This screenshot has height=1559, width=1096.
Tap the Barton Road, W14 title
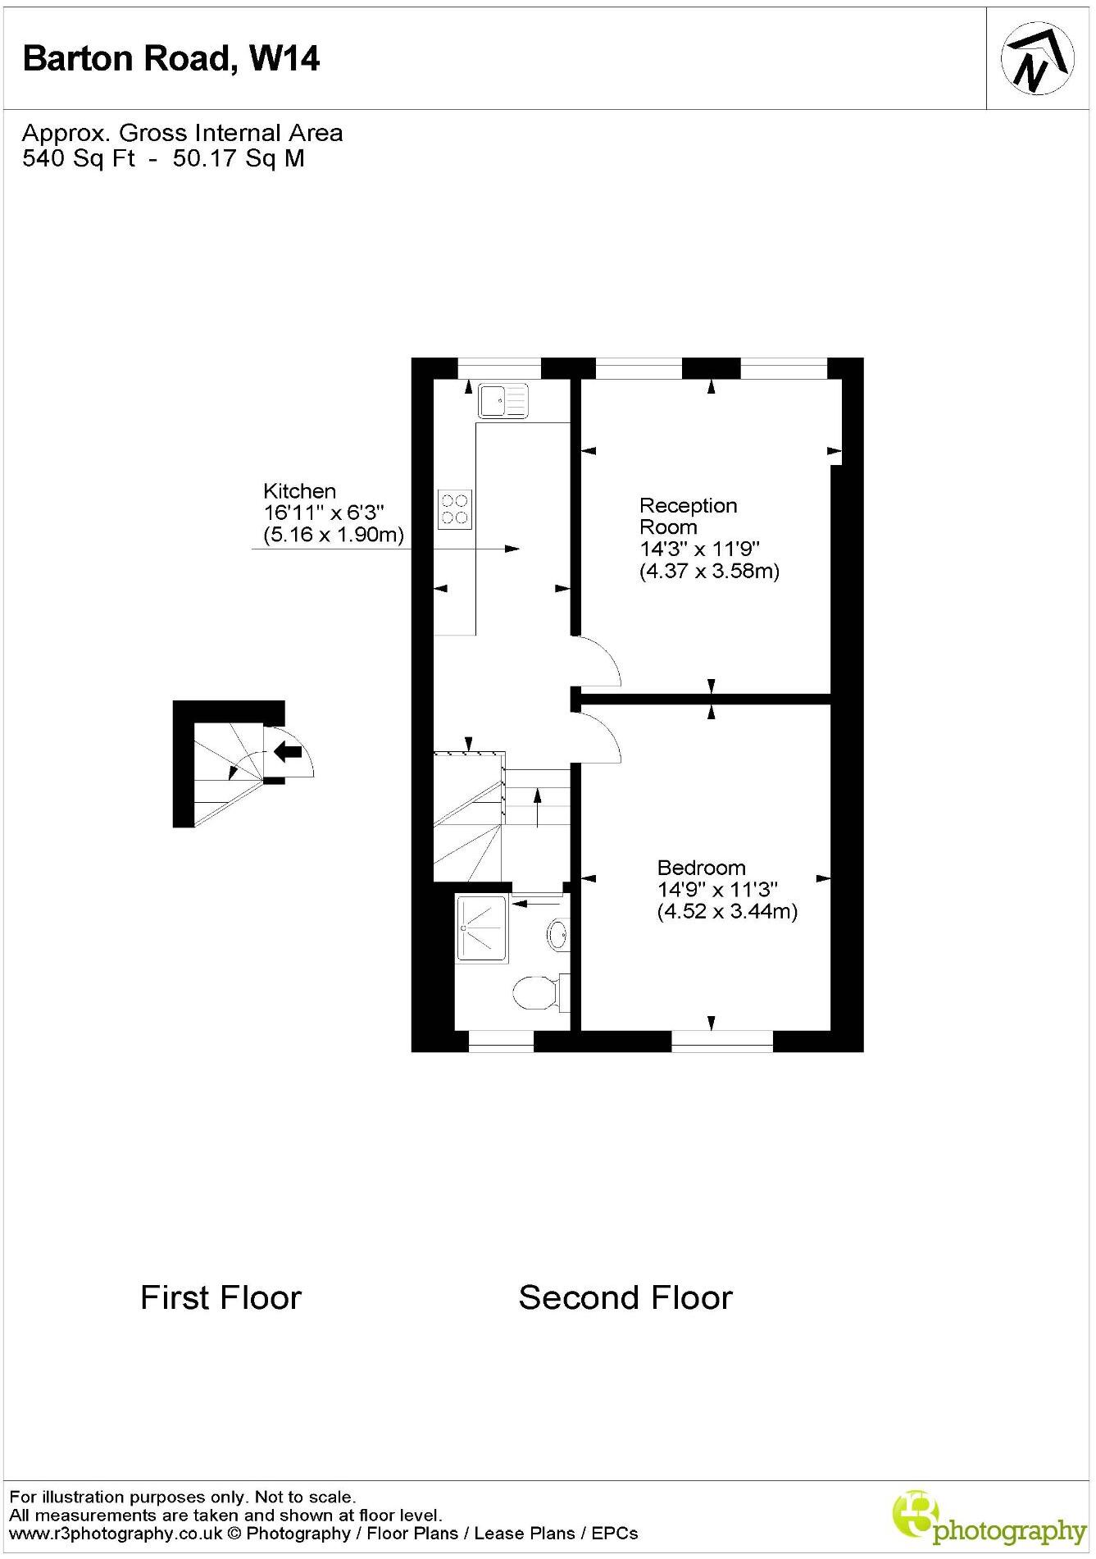(x=171, y=59)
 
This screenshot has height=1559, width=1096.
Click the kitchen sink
(x=503, y=401)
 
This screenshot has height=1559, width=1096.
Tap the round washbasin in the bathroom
(x=558, y=934)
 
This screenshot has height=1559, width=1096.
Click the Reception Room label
(x=688, y=516)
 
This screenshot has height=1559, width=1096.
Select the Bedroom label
(x=701, y=868)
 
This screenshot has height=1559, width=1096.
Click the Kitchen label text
(x=299, y=491)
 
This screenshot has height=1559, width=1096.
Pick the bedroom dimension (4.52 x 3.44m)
(x=727, y=911)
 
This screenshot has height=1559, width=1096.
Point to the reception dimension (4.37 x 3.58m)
(x=709, y=571)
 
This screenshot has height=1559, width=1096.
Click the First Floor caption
(x=221, y=1297)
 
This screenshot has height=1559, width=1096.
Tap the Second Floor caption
(x=625, y=1297)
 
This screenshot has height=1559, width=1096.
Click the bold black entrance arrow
(x=288, y=750)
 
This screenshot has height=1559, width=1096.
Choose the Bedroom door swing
(x=598, y=737)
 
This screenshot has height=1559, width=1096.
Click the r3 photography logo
(x=988, y=1518)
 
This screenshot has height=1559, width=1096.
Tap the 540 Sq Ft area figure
(x=79, y=158)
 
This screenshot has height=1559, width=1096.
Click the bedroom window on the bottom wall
(x=721, y=1042)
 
